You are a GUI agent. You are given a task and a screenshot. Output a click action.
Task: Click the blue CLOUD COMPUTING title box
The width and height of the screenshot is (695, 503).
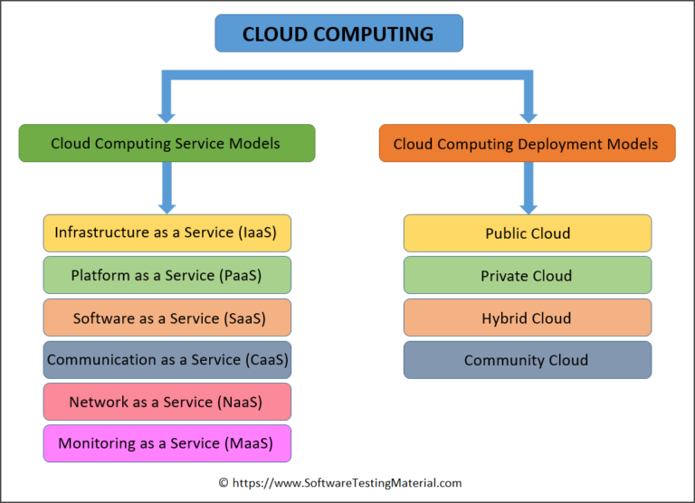[x=338, y=33]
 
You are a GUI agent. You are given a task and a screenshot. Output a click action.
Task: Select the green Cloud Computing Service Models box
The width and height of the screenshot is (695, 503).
[x=167, y=143]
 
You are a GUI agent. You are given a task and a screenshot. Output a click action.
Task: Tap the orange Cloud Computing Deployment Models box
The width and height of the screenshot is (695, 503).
[x=527, y=143]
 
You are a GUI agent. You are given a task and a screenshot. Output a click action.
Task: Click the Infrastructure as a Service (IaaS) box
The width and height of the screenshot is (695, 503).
[x=167, y=233]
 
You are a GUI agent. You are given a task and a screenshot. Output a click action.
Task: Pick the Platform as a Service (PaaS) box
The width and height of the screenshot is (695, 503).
[x=167, y=275]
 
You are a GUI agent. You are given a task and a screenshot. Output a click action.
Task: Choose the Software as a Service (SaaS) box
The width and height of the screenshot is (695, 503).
[x=167, y=318]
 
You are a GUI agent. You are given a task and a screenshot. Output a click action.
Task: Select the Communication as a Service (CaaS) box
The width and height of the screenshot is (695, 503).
[x=167, y=359]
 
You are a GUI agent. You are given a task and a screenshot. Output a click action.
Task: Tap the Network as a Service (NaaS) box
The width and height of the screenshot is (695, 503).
[x=167, y=402]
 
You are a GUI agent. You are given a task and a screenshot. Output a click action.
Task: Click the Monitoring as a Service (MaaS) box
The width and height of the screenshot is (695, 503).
[x=167, y=443]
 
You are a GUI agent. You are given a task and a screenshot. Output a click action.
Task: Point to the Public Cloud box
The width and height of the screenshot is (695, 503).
[x=527, y=233]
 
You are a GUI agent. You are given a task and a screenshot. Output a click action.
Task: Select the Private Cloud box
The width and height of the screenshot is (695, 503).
[x=527, y=275]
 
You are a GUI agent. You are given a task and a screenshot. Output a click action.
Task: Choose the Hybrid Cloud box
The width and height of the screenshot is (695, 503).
[x=527, y=318]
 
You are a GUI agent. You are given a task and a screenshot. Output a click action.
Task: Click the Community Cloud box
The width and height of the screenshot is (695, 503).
[x=527, y=359]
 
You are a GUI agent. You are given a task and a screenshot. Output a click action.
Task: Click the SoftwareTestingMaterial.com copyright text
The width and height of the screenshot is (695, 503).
[x=339, y=483]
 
